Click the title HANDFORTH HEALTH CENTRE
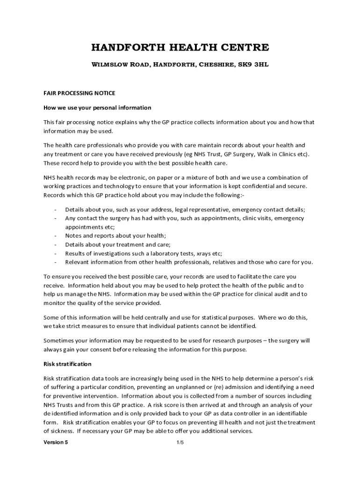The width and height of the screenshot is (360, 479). click(180, 48)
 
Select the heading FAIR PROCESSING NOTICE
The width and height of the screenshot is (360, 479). click(79, 94)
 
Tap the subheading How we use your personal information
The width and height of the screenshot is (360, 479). click(97, 108)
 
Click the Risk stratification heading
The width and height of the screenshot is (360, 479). click(67, 363)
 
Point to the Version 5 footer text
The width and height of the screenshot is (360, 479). click(56, 443)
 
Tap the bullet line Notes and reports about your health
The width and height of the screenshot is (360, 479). click(115, 236)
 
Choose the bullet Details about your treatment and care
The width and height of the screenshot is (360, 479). click(118, 244)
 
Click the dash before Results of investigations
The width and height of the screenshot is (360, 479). click(56, 253)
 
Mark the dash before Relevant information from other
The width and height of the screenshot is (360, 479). click(56, 262)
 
